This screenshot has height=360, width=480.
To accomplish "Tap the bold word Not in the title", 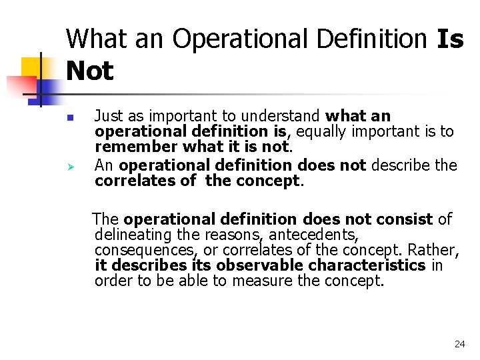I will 90,71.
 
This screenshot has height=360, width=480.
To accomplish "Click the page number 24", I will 459,344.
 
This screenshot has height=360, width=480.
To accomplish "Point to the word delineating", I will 133,235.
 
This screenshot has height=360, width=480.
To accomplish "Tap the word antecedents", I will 321,235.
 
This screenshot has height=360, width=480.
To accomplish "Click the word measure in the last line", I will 262,281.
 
